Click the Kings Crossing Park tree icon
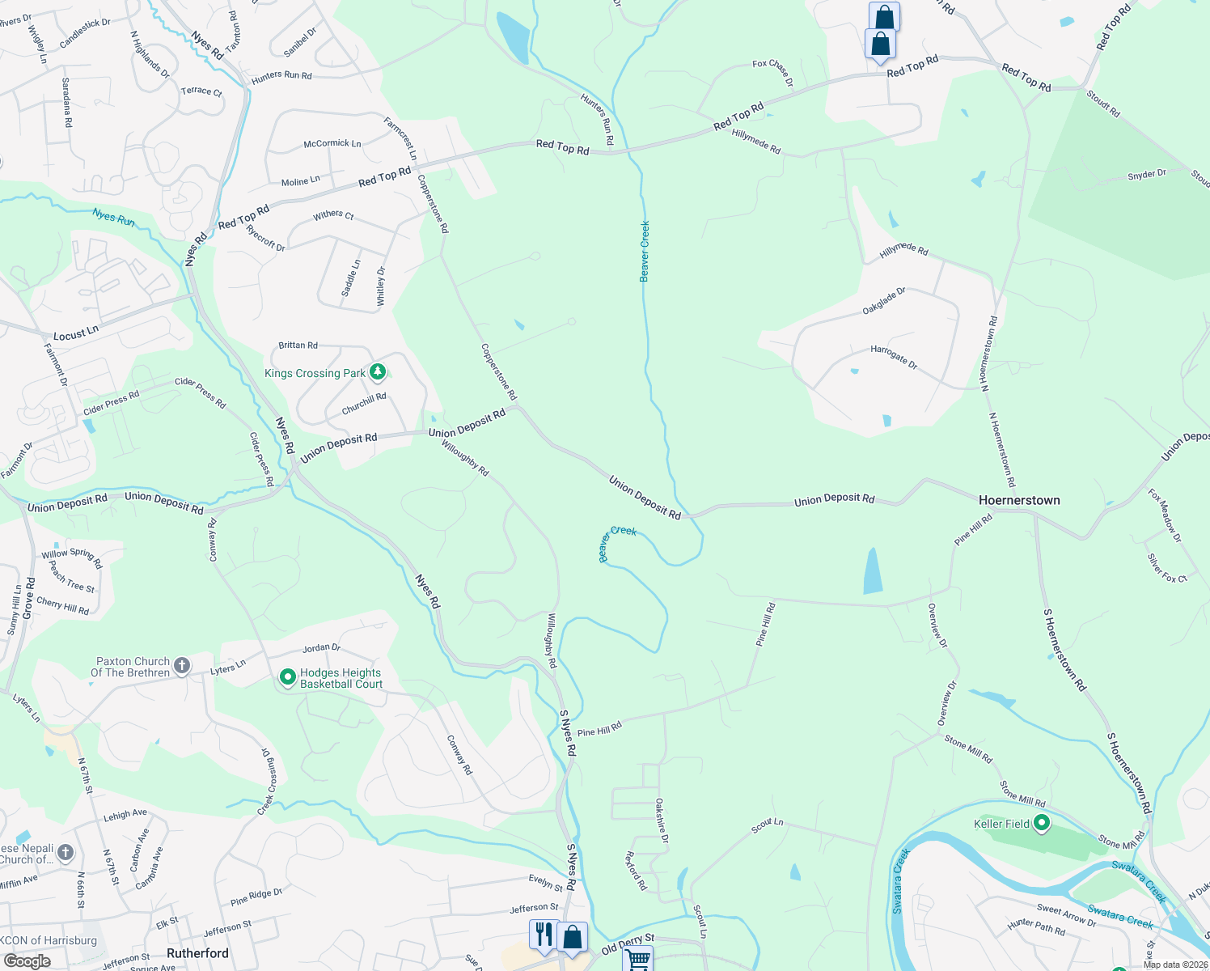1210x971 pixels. click(378, 372)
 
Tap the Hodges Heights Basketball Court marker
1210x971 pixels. click(287, 677)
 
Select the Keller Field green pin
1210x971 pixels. click(1042, 824)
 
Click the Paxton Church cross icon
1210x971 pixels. click(182, 666)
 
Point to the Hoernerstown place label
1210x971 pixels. click(1019, 500)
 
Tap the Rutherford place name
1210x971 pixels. click(197, 953)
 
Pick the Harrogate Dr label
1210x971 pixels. click(894, 357)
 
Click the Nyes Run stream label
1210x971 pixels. click(113, 217)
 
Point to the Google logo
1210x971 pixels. click(27, 961)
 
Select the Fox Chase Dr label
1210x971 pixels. click(773, 71)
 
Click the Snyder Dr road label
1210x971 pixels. click(1147, 175)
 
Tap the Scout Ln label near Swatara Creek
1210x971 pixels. click(767, 826)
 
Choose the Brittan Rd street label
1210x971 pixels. click(298, 346)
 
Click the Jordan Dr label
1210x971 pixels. click(321, 648)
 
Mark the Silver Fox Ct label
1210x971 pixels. click(1166, 568)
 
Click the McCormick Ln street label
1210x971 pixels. click(332, 144)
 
